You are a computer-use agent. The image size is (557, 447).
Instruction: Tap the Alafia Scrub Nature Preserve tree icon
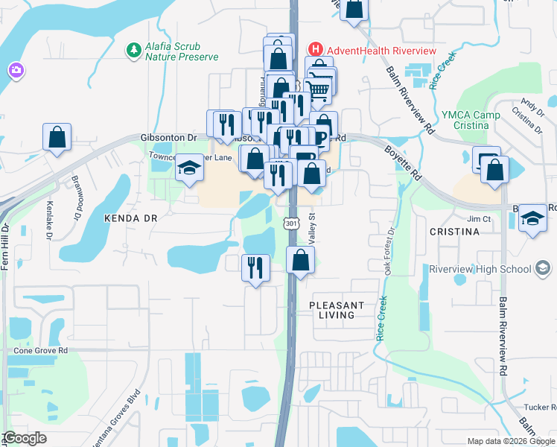pyautogui.click(x=134, y=50)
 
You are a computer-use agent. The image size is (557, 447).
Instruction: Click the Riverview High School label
pyautogui.click(x=480, y=269)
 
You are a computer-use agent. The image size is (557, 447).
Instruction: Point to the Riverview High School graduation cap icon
pyautogui.click(x=543, y=269)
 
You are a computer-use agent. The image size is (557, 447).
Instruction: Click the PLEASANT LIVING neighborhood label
pyautogui.click(x=337, y=310)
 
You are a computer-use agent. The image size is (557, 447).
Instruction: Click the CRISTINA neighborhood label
pyautogui.click(x=454, y=232)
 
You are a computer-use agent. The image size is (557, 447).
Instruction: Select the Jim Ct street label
pyautogui.click(x=479, y=219)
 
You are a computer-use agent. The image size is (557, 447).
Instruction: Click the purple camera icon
pyautogui.click(x=15, y=71)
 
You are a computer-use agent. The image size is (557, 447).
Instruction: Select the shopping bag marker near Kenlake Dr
pyautogui.click(x=57, y=138)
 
